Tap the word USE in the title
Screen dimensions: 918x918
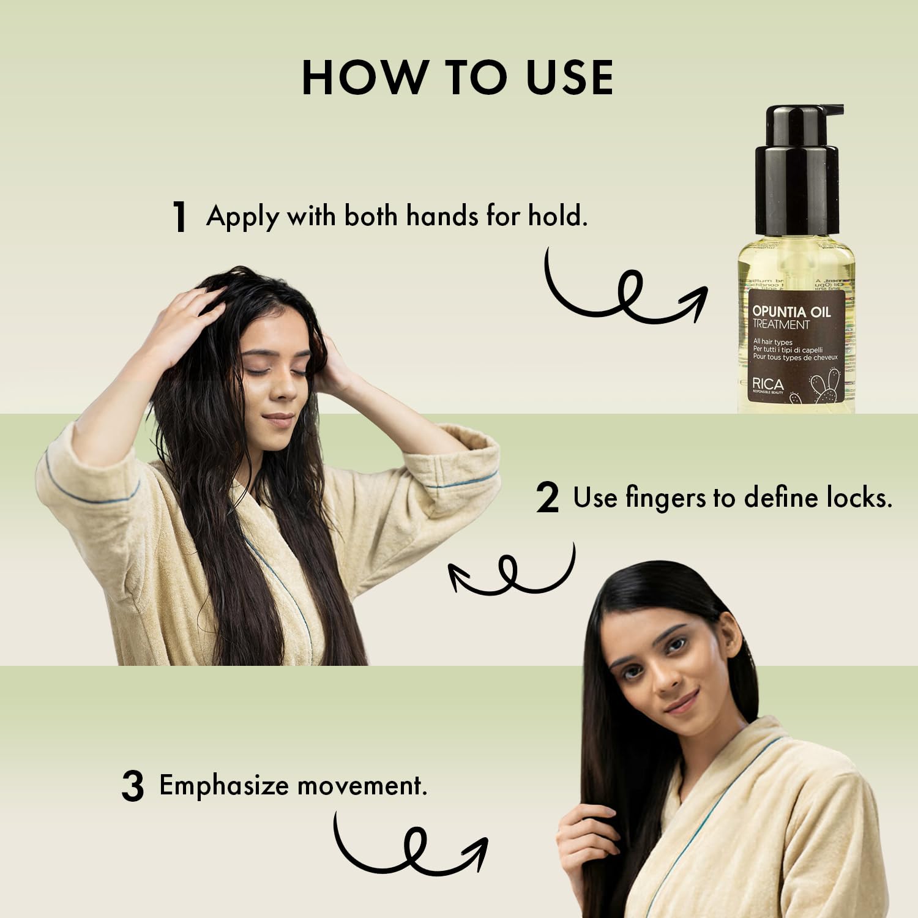(x=570, y=78)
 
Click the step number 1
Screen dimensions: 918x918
(x=179, y=217)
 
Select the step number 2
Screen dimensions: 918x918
(x=547, y=498)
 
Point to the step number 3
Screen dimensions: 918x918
(x=132, y=787)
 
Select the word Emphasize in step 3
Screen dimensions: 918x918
(x=223, y=786)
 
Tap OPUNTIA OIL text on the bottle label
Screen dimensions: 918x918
(x=791, y=312)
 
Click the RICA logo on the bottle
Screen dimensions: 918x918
(x=767, y=384)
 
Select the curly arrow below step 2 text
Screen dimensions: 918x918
(x=511, y=572)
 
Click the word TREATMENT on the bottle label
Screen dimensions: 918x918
(x=780, y=325)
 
